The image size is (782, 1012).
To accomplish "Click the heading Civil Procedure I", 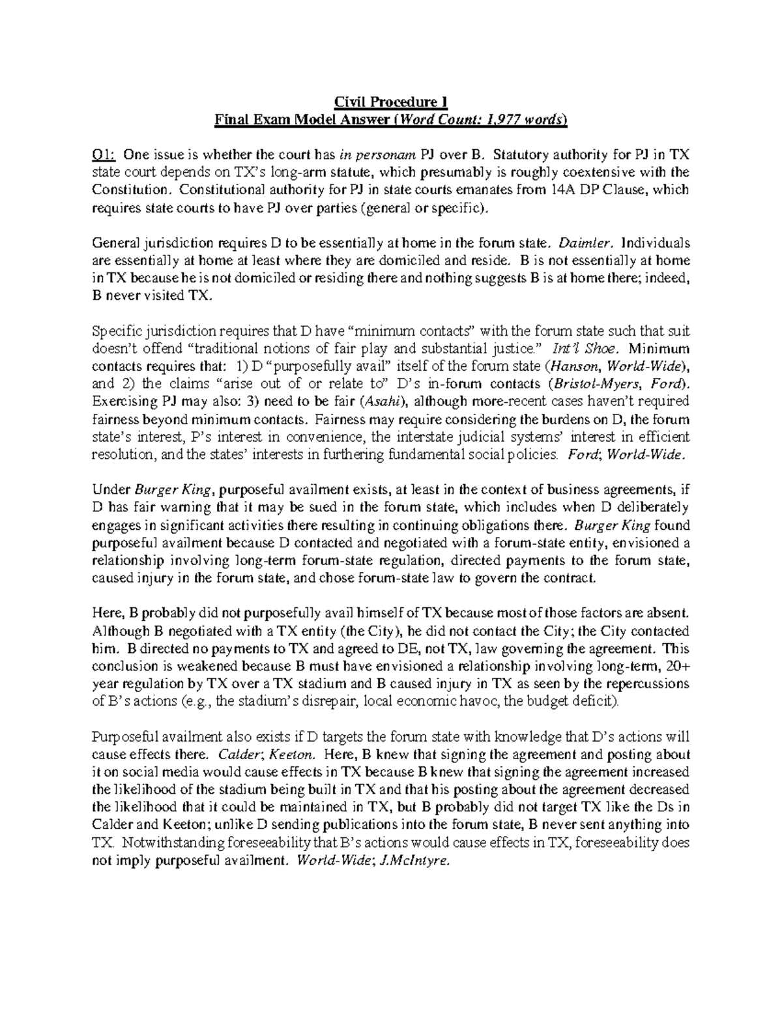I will pos(391,102).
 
